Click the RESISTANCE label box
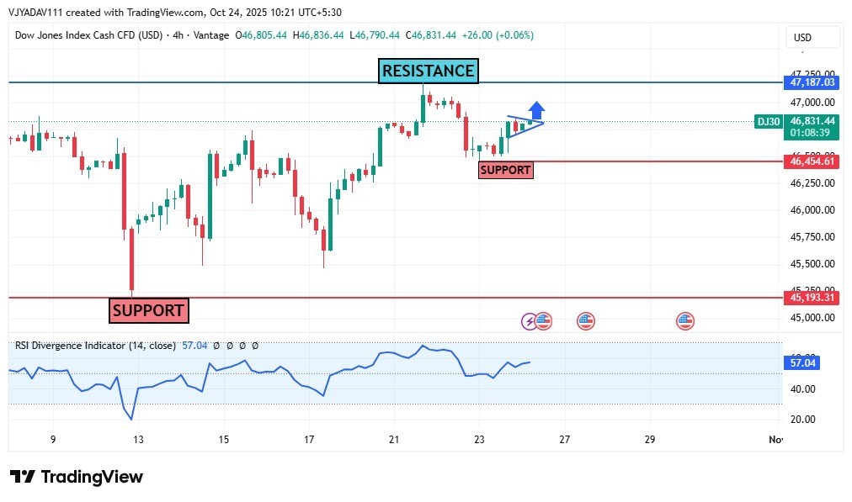428,71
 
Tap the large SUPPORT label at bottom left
148,310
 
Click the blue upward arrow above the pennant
536,110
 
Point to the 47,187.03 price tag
812,82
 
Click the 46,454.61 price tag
812,161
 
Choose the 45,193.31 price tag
812,298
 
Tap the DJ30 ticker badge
769,122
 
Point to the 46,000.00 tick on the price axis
812,210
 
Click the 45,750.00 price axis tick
812,237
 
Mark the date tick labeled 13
138,440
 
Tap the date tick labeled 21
394,440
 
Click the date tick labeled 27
564,440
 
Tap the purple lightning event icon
529,320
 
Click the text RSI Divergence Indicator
69,345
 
